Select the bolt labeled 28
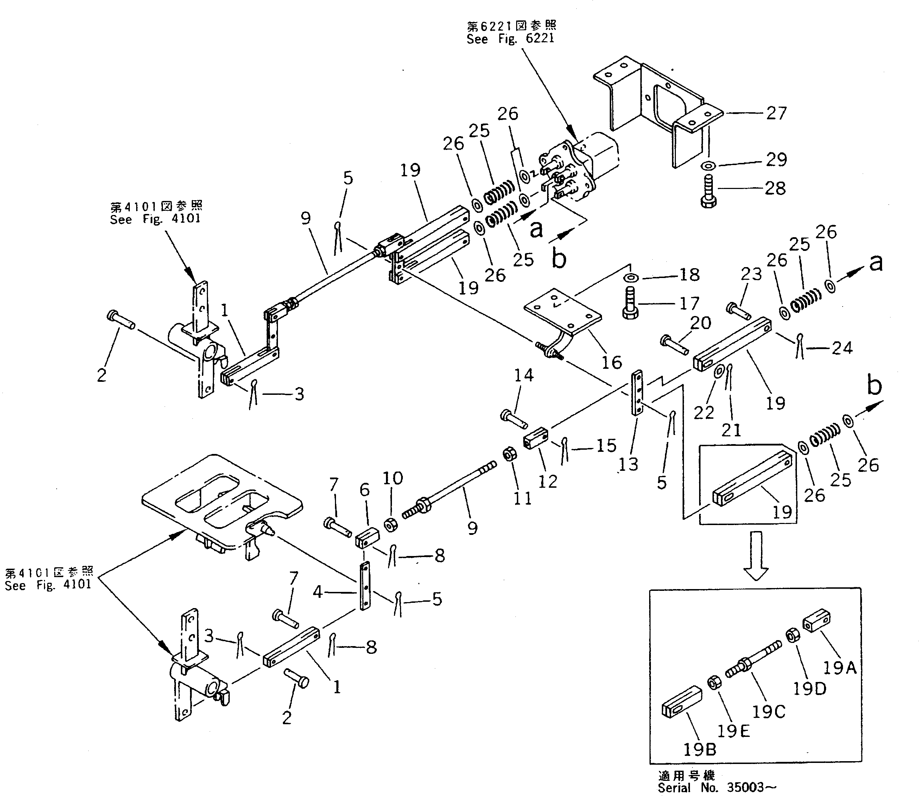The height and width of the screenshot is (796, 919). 708,192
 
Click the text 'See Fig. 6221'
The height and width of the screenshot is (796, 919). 511,39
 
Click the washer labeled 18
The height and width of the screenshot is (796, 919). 631,278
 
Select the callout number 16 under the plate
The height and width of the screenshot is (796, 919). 611,362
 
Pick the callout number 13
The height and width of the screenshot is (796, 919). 628,464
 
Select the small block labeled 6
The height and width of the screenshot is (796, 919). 367,537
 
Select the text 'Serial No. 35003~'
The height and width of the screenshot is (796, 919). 717,788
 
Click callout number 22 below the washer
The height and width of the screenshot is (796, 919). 704,413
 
